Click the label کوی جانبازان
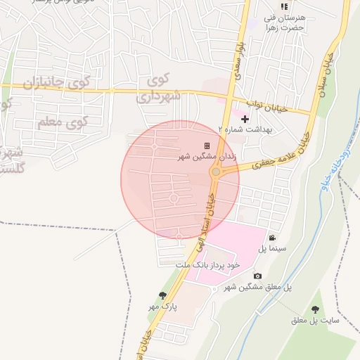(x=58, y=82)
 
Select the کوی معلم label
(x=62, y=122)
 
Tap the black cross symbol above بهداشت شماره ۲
(x=245, y=119)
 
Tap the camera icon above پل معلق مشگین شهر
(x=257, y=276)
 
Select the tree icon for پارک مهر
(x=163, y=295)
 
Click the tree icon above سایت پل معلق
(x=314, y=309)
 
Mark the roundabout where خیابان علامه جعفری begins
(x=217, y=172)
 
